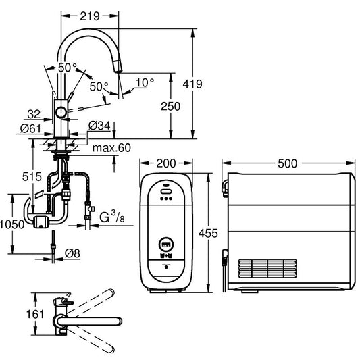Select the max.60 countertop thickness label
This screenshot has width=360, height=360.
pos(111,147)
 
